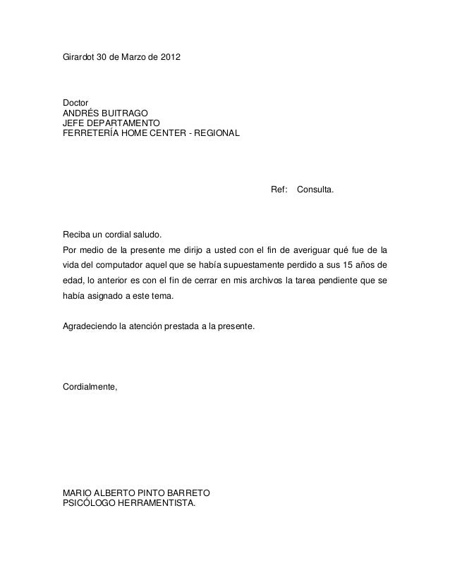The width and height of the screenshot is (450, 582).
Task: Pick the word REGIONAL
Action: tap(218, 132)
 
